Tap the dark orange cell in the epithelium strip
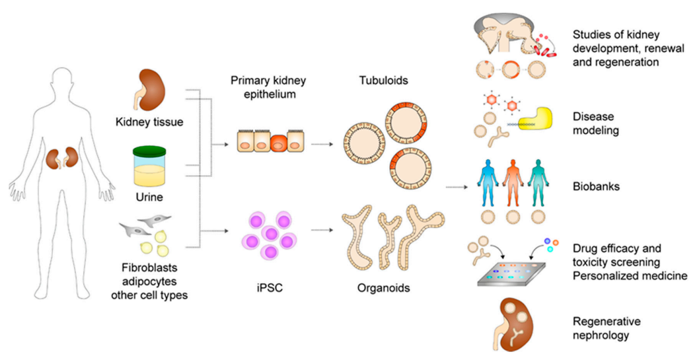(x=279, y=142)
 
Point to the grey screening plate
(x=517, y=273)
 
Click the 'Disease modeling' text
(x=595, y=124)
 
